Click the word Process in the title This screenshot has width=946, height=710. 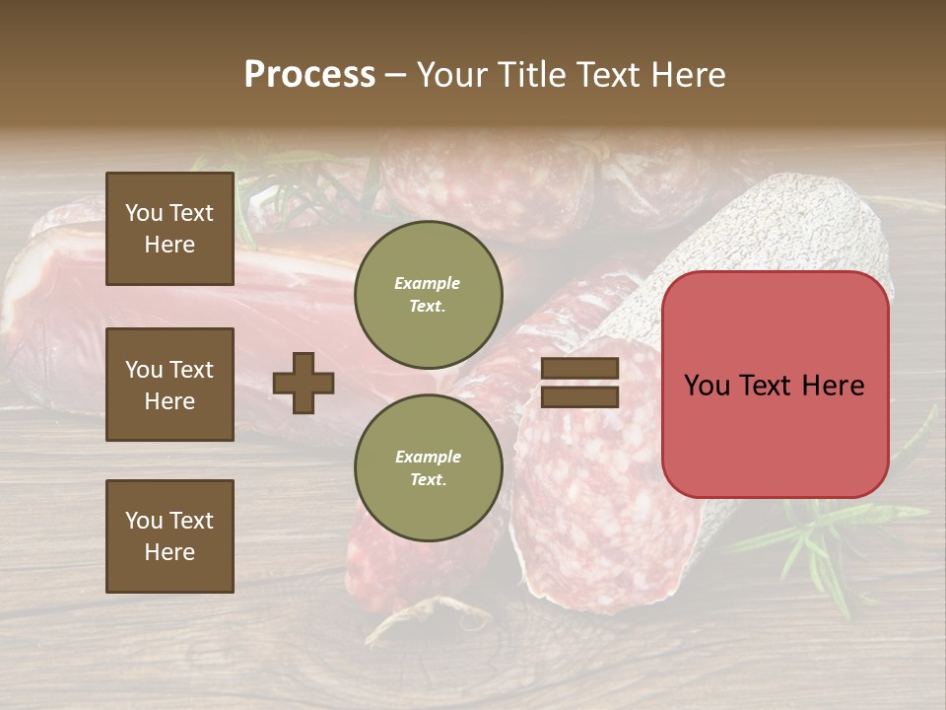pyautogui.click(x=309, y=75)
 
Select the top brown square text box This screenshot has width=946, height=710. pyautogui.click(x=169, y=229)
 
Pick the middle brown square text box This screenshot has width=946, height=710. pyautogui.click(x=169, y=385)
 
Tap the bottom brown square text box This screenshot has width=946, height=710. pyautogui.click(x=169, y=536)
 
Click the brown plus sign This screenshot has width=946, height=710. pyautogui.click(x=304, y=383)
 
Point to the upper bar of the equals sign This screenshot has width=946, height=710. pyautogui.click(x=579, y=369)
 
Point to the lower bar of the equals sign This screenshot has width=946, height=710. pyautogui.click(x=579, y=396)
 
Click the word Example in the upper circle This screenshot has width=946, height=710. pyautogui.click(x=428, y=283)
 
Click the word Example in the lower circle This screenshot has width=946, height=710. pyautogui.click(x=428, y=457)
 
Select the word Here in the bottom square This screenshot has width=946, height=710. pyautogui.click(x=169, y=552)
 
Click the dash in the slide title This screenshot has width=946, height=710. pyautogui.click(x=395, y=75)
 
